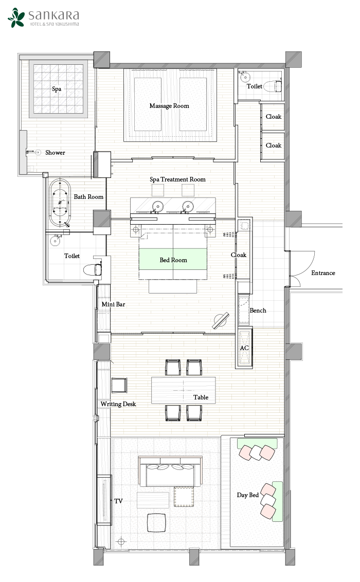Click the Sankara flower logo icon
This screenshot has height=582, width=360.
tap(16, 17)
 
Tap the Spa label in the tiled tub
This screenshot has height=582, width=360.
tap(57, 89)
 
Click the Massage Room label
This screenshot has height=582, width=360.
tap(169, 106)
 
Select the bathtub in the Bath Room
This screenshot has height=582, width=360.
tap(60, 203)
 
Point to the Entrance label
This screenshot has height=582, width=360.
tap(323, 273)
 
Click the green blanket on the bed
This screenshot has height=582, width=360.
tap(173, 259)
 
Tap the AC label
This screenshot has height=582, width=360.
tap(244, 348)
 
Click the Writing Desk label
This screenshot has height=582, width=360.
tap(118, 404)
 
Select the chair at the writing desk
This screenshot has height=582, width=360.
tap(119, 385)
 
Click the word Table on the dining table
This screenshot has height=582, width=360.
tap(201, 397)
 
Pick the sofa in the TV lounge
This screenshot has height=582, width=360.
tap(171, 471)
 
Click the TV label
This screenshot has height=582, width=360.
tap(118, 501)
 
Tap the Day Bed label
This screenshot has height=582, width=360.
tap(247, 495)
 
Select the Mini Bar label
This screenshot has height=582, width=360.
tap(113, 304)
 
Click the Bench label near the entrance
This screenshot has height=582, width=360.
tap(258, 311)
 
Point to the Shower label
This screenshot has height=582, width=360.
tap(55, 153)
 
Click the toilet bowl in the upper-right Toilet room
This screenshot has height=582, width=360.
tap(277, 86)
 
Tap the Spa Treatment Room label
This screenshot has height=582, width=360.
tap(177, 179)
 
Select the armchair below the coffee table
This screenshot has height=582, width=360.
tap(156, 522)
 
